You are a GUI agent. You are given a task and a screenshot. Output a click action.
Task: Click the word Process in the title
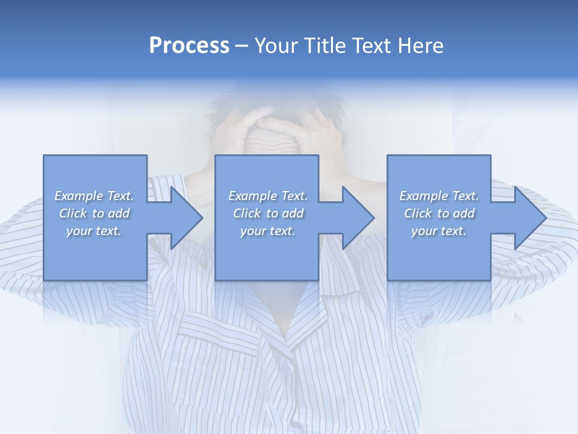189,46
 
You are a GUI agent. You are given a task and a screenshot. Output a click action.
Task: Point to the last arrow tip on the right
529,218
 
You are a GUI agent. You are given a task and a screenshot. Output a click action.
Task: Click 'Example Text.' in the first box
94,196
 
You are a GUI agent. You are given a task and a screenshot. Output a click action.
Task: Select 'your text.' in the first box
94,231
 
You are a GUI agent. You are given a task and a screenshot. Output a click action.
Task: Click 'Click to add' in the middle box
268,213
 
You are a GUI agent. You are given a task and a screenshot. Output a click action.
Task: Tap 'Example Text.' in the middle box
268,196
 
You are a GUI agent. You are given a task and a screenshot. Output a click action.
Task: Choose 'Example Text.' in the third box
439,196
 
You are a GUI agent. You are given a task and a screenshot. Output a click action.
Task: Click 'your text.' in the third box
439,231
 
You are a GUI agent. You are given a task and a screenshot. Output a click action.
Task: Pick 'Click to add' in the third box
439,213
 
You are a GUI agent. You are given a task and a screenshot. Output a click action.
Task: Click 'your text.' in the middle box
268,231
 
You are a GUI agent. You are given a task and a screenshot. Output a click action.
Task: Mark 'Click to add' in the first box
94,213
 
